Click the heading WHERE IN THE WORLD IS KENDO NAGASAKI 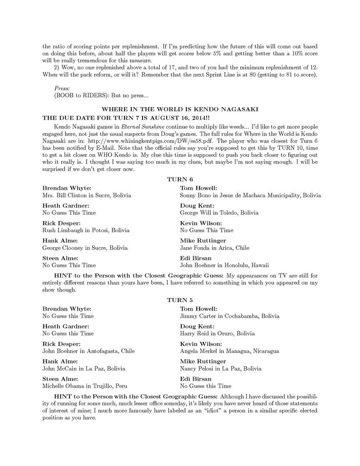pos(180,109)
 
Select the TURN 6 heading pos(180,179)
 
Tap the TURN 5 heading pos(180,300)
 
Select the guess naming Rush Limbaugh pos(86,230)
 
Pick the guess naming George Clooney pos(85,248)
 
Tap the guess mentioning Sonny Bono pos(250,195)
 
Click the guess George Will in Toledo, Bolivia pos(219,213)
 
